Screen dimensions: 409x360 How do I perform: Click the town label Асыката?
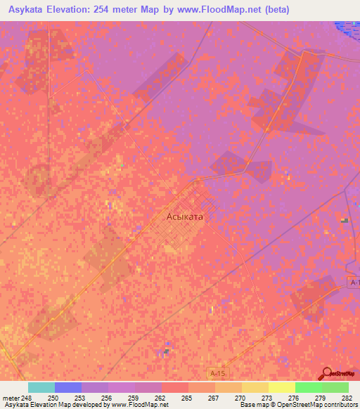(185, 217)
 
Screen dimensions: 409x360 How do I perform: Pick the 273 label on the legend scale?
(267, 398)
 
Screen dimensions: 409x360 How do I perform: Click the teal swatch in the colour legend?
(41, 387)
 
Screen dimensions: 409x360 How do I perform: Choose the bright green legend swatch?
(308, 387)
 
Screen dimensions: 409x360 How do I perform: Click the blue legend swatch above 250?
(68, 387)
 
